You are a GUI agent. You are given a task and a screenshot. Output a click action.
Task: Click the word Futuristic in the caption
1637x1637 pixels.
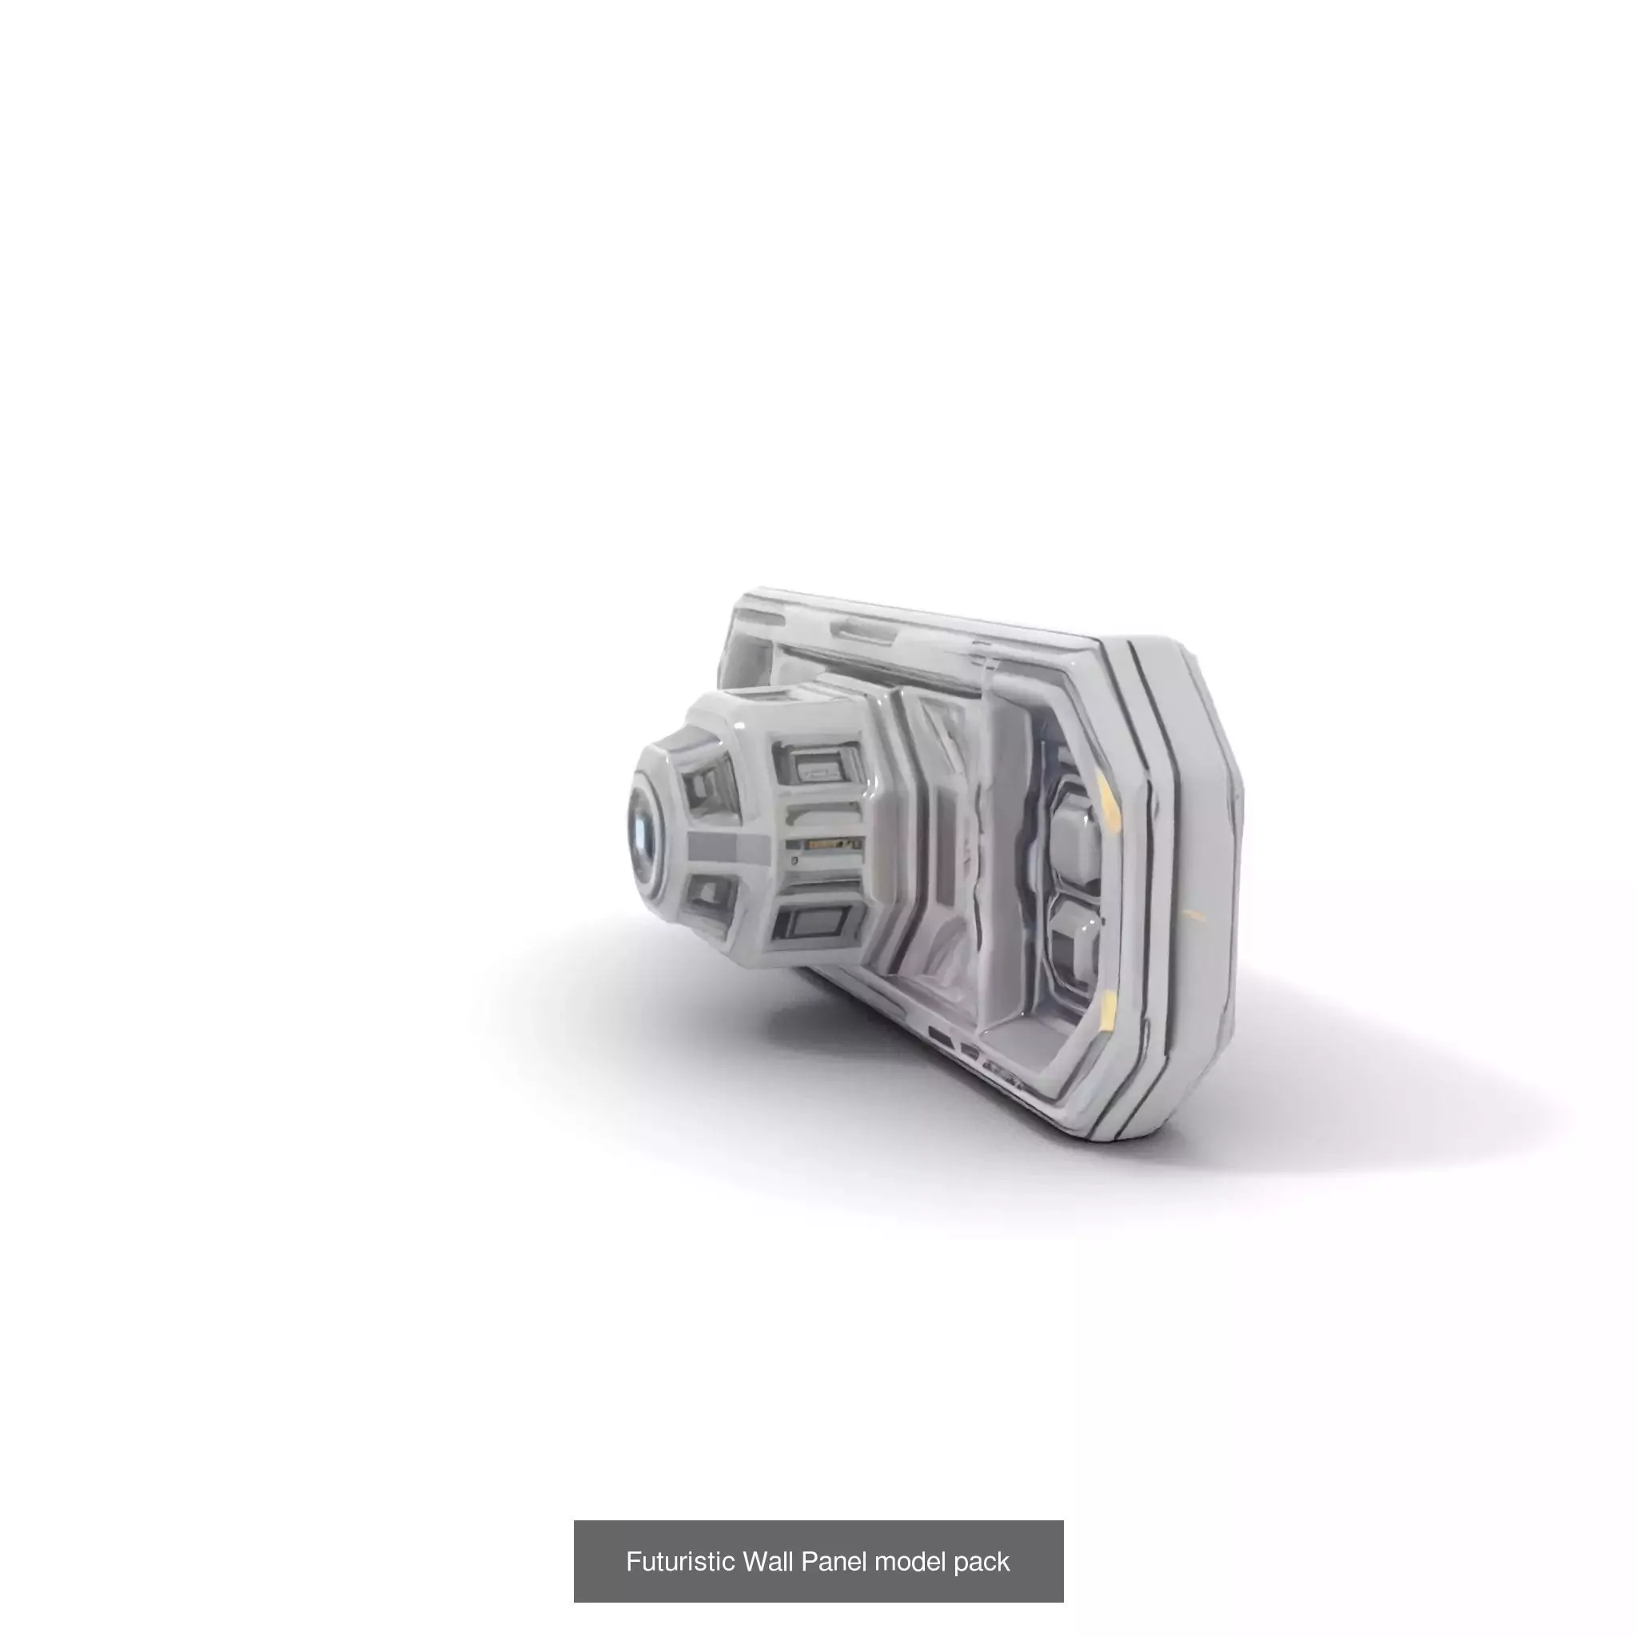[679, 1562]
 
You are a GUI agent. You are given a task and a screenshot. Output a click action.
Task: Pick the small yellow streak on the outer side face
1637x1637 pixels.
[1193, 915]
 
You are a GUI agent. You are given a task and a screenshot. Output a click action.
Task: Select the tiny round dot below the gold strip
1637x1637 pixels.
[794, 861]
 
